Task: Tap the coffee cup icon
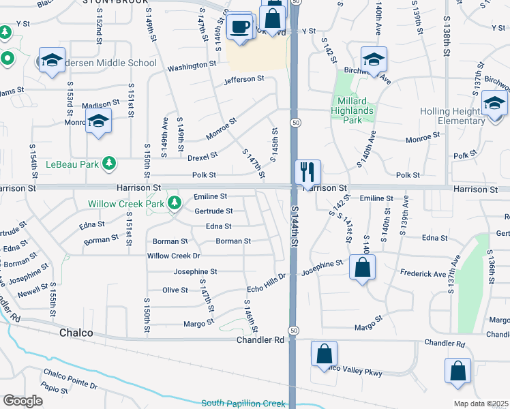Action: [239, 27]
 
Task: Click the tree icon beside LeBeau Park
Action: [108, 164]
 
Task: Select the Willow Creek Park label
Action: [127, 204]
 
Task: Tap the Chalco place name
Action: [76, 334]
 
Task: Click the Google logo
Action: [23, 401]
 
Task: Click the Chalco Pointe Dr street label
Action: [71, 379]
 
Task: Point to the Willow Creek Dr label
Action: [174, 256]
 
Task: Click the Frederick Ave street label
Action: [423, 274]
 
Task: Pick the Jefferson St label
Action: [243, 79]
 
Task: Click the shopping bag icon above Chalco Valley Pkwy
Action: [324, 354]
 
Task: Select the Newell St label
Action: [29, 291]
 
